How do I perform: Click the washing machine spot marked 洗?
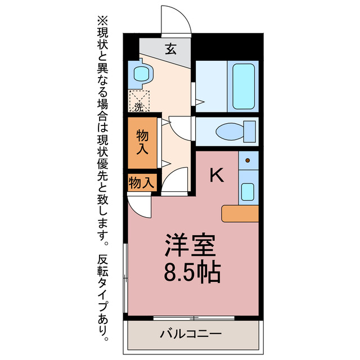tap(139, 101)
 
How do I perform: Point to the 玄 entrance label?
tap(170, 49)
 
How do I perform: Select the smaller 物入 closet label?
tap(141, 183)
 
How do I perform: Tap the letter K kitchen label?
tap(217, 176)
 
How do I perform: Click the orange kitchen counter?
tap(240, 213)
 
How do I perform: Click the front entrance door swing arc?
tap(174, 20)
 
